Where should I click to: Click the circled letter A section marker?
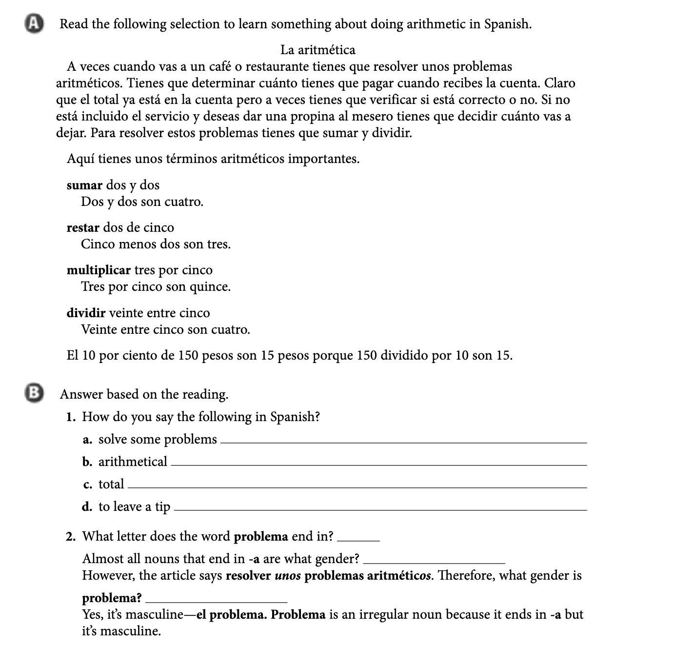pyautogui.click(x=33, y=24)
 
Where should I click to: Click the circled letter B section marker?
pyautogui.click(x=33, y=393)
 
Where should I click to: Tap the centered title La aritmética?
pyautogui.click(x=318, y=50)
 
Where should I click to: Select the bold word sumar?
pyautogui.click(x=84, y=185)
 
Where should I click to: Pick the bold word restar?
pyautogui.click(x=83, y=228)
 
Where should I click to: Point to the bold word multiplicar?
pyautogui.click(x=99, y=270)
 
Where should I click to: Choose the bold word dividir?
pyautogui.click(x=86, y=313)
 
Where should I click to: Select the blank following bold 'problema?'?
pyautogui.click(x=217, y=600)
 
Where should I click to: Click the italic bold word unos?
pyautogui.click(x=288, y=576)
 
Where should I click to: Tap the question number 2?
pyautogui.click(x=71, y=537)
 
